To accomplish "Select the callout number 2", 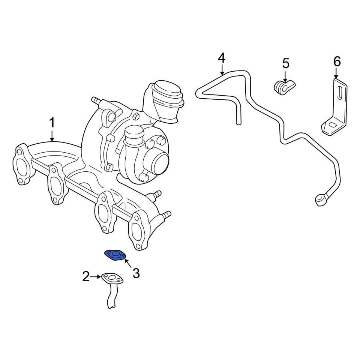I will point(86,277).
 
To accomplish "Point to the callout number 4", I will point(222,58).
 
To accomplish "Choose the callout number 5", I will point(286,63).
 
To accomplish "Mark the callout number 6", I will point(337,61).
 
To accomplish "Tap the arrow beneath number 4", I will point(222,70).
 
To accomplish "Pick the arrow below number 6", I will point(337,73).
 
